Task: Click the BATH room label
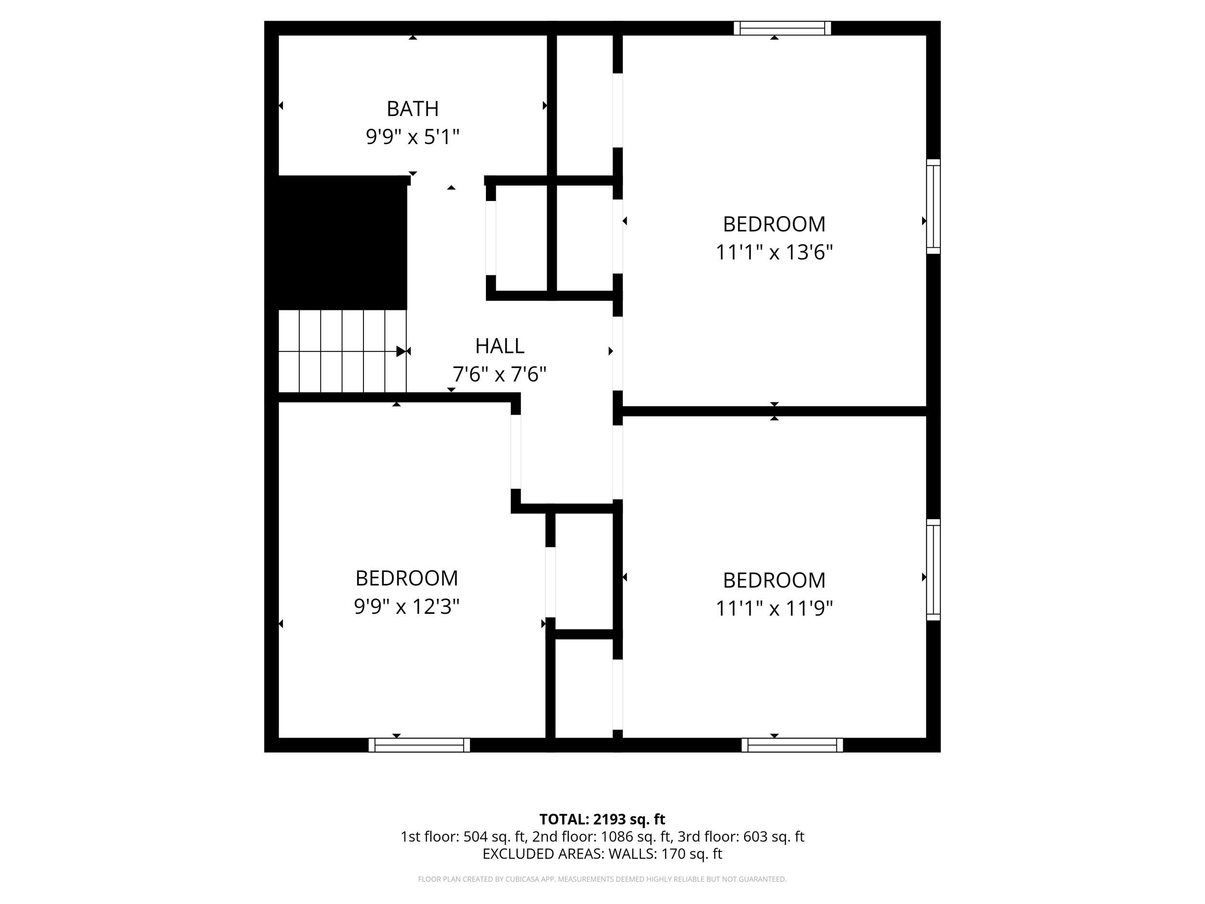pyautogui.click(x=413, y=109)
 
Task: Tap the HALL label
pyautogui.click(x=499, y=346)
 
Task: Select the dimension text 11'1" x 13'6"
pyautogui.click(x=774, y=252)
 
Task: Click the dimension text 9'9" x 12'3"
pyautogui.click(x=406, y=607)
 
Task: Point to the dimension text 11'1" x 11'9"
pyautogui.click(x=774, y=608)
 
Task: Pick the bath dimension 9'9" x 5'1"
pyautogui.click(x=413, y=137)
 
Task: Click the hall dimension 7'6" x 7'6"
pyautogui.click(x=499, y=374)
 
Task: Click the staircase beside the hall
pyautogui.click(x=342, y=351)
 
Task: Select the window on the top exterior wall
pyautogui.click(x=782, y=28)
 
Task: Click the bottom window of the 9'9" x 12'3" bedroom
pyautogui.click(x=419, y=745)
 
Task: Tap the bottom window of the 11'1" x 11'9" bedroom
pyautogui.click(x=792, y=745)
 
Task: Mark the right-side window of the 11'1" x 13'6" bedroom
pyautogui.click(x=933, y=206)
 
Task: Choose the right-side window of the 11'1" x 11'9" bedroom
pyautogui.click(x=933, y=569)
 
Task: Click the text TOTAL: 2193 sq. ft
pyautogui.click(x=602, y=819)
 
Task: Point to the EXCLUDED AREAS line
pyautogui.click(x=602, y=853)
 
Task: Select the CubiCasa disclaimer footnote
pyautogui.click(x=602, y=879)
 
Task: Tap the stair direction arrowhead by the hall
pyautogui.click(x=401, y=351)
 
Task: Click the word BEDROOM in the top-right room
pyautogui.click(x=774, y=224)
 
